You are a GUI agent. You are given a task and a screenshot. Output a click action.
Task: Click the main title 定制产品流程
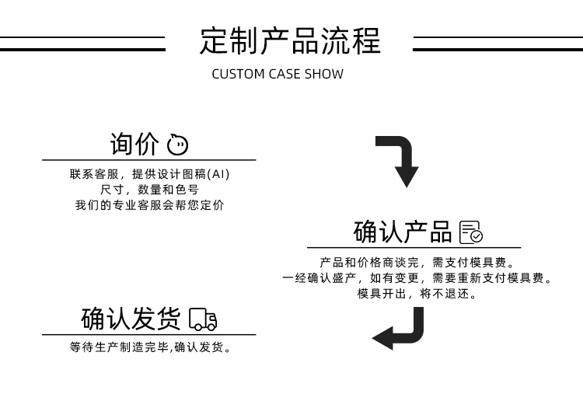(290, 40)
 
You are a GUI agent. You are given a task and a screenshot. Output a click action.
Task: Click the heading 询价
(134, 145)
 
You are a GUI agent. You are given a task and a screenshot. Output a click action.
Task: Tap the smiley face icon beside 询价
(177, 145)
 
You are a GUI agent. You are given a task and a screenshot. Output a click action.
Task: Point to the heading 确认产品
(402, 232)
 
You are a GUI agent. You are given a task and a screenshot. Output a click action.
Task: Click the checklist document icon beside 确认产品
(471, 232)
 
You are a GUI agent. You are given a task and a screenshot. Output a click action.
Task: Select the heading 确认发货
(130, 319)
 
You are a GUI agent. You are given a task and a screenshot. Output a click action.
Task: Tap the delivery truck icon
(203, 319)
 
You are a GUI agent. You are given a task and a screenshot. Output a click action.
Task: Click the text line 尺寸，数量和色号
(148, 190)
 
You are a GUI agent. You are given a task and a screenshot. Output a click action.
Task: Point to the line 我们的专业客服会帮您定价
(148, 205)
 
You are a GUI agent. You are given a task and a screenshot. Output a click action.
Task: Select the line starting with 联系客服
(148, 174)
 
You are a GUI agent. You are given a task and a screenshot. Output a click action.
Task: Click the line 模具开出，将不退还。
(417, 294)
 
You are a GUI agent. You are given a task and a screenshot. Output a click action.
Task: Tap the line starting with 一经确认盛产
(417, 278)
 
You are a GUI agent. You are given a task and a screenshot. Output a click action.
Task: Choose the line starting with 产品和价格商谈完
(417, 263)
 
